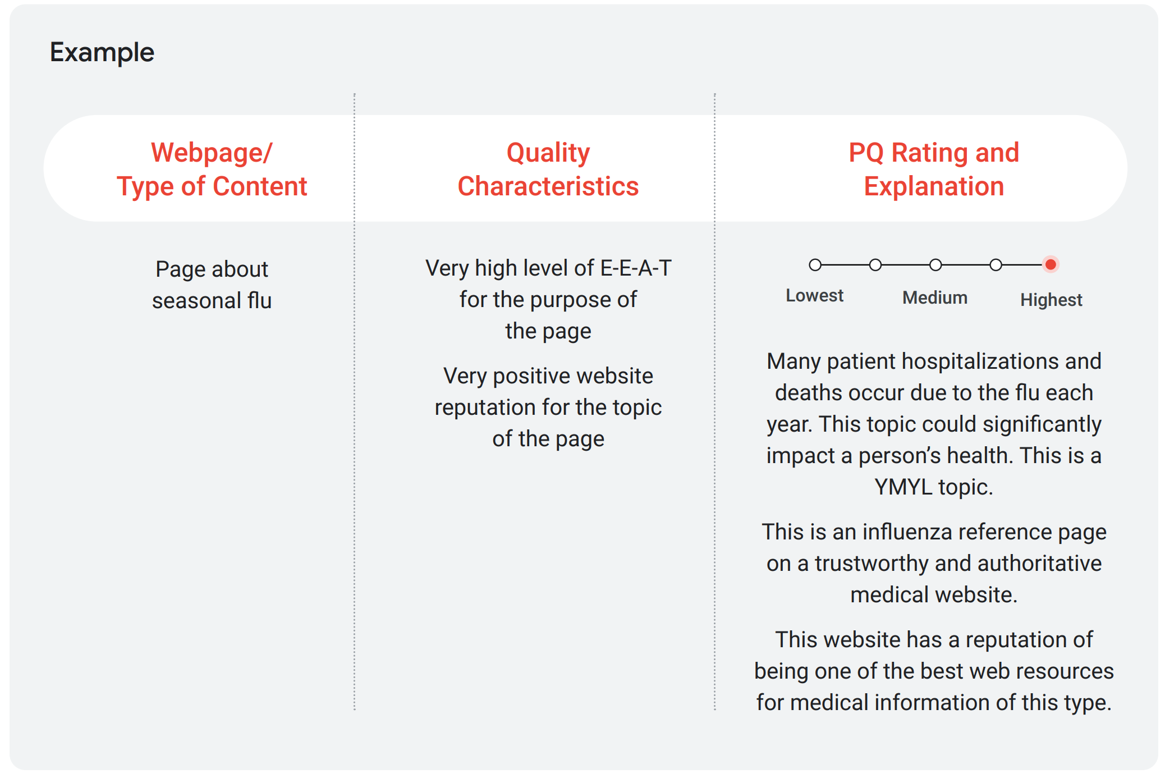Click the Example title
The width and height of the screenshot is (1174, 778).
102,53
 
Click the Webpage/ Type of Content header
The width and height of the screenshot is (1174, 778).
212,170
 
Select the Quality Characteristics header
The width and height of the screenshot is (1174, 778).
548,170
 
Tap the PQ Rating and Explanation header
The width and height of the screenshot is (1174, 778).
934,170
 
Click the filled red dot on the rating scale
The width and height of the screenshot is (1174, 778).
1051,264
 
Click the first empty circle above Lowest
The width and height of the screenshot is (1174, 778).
815,264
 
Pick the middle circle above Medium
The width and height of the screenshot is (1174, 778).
935,264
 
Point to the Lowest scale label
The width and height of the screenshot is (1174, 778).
814,296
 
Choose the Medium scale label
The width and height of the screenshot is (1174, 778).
935,298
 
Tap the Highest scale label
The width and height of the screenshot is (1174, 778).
1051,300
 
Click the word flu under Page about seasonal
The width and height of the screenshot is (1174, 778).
259,300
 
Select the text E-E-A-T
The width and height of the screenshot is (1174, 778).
636,268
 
